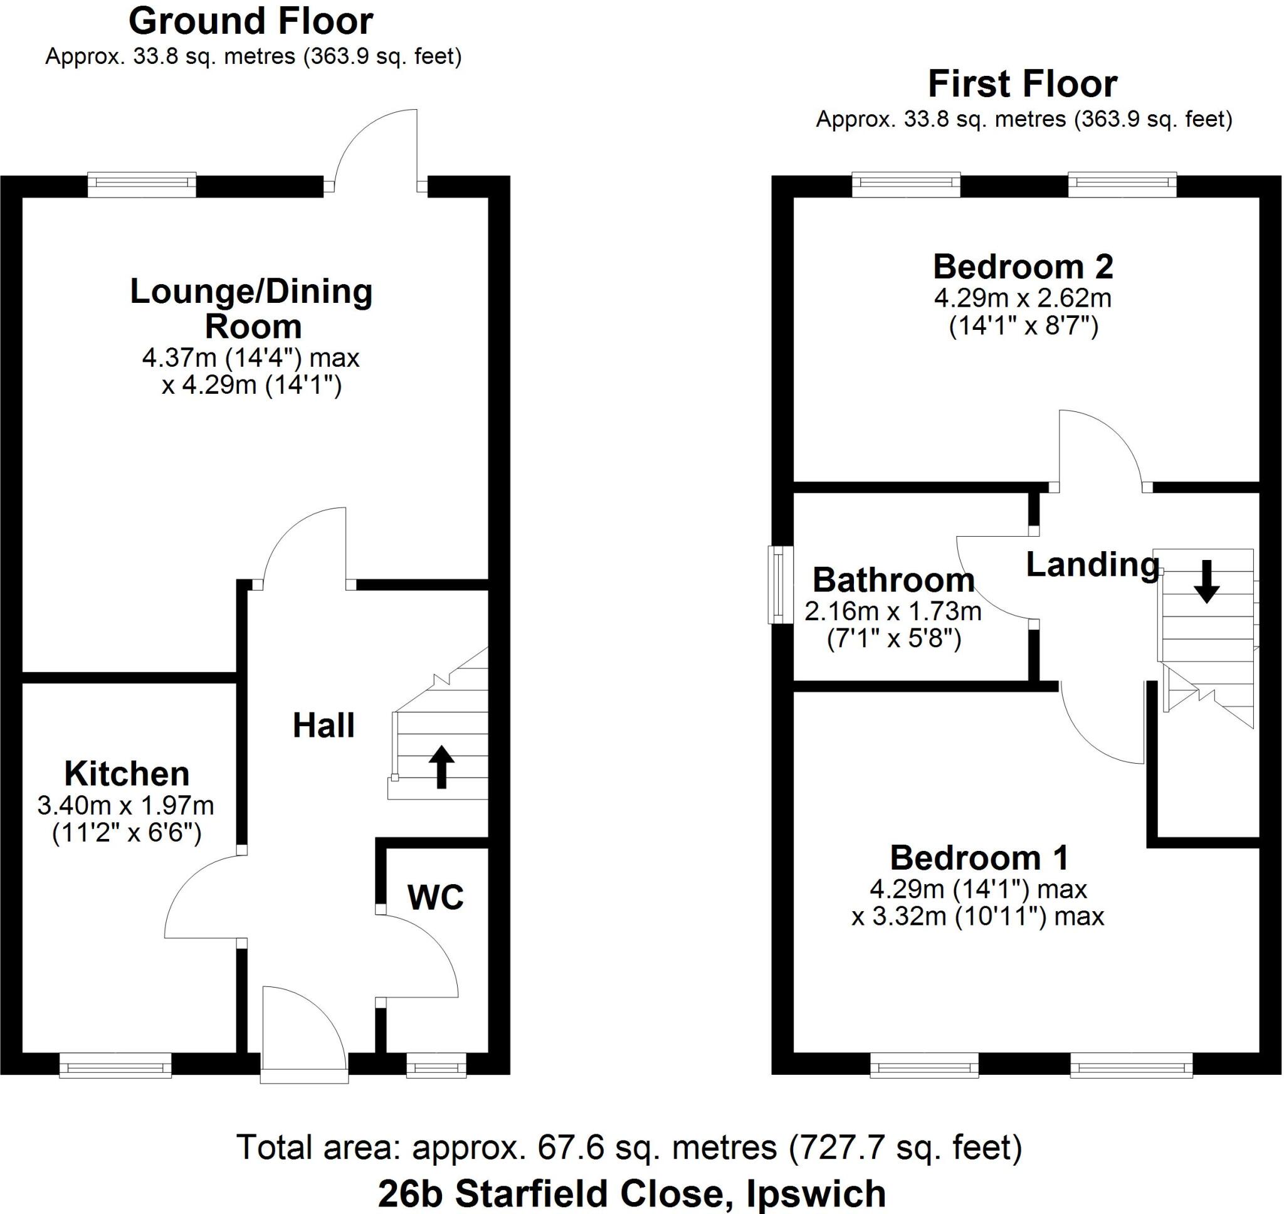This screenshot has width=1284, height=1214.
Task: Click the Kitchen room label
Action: pos(127,774)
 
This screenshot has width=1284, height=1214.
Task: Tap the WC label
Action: pos(435,897)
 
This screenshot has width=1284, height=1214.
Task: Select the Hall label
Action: pos(324,726)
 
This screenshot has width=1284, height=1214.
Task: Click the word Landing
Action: pos(1093,565)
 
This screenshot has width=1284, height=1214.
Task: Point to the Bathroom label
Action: pos(893,580)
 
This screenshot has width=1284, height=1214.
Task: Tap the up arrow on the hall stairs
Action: pos(441,767)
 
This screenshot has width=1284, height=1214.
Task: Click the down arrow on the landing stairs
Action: pos(1206,582)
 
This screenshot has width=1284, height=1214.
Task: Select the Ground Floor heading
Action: pos(251,21)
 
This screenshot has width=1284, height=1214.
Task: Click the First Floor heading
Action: pos(1023,83)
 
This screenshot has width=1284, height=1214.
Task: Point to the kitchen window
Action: pos(115,1065)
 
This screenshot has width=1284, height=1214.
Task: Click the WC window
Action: pos(436,1065)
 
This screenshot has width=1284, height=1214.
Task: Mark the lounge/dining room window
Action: pos(142,184)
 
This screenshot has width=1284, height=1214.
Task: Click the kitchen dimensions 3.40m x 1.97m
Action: pos(126,806)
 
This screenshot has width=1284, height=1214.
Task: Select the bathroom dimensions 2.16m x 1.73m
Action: pos(893,611)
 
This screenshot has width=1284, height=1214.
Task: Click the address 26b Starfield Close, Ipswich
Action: pos(632,1194)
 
